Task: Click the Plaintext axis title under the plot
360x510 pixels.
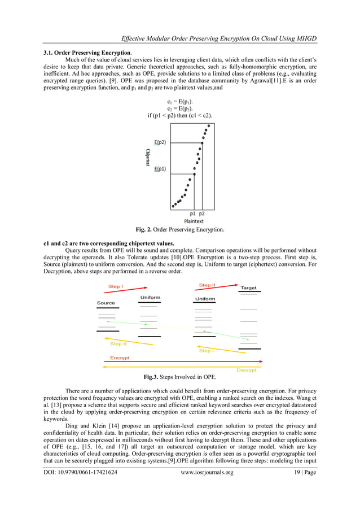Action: click(194, 221)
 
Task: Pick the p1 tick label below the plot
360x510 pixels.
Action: click(193, 214)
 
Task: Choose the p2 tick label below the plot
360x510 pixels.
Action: click(202, 214)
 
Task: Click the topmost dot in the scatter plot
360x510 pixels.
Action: click(209, 125)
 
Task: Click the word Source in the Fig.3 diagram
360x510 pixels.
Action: click(106, 303)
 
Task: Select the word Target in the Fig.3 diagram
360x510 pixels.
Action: click(248, 288)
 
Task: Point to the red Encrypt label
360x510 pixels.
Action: click(120, 358)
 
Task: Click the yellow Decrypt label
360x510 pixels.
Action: click(247, 370)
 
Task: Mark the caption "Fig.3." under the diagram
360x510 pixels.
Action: click(153, 377)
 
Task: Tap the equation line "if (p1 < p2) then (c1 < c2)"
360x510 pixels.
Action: click(179, 115)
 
